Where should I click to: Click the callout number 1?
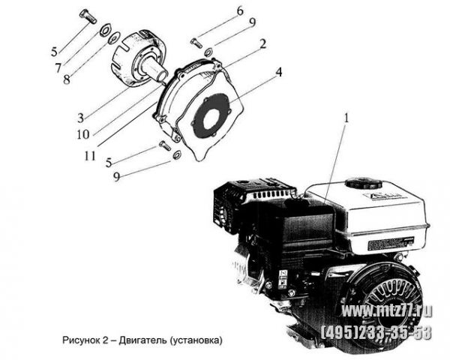[346, 118]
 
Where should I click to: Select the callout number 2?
[262, 44]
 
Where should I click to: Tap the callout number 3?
[80, 118]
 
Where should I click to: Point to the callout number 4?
[278, 72]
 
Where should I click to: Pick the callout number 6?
[240, 11]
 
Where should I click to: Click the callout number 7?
[58, 67]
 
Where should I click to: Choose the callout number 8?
[66, 79]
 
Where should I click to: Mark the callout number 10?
[83, 134]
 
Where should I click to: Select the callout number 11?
[90, 156]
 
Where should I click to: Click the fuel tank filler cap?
[364, 183]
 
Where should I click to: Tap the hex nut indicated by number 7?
[105, 30]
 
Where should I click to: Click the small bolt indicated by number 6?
[196, 43]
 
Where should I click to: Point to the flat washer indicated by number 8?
[114, 38]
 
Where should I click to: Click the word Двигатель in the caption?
[142, 340]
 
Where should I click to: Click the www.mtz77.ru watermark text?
[387, 311]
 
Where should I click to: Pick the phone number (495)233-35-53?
[376, 333]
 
